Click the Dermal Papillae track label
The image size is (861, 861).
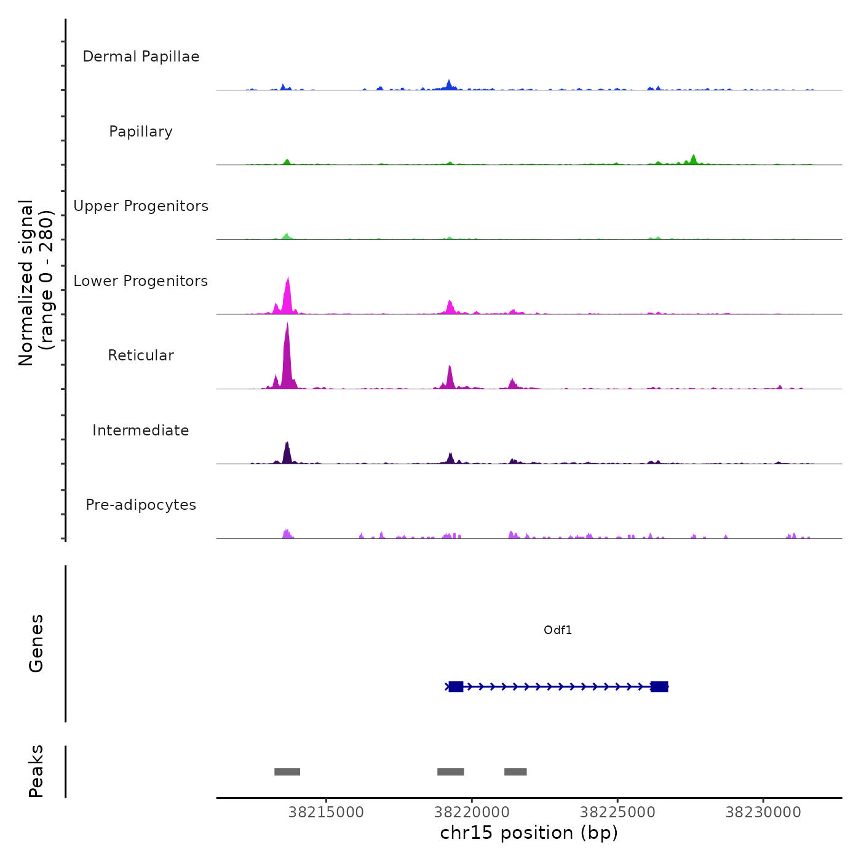(141, 57)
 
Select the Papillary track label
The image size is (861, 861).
(141, 132)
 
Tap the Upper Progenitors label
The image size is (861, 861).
(141, 206)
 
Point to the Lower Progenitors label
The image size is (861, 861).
(141, 281)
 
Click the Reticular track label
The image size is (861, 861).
(141, 355)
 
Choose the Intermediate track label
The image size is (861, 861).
(141, 430)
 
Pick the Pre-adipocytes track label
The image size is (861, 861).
(141, 505)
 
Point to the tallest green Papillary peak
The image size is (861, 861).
(694, 159)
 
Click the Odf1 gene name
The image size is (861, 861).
(558, 630)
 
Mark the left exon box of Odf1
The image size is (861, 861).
(456, 686)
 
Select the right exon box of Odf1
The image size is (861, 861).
(659, 686)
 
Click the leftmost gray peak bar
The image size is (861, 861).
(287, 772)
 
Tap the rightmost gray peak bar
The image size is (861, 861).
(515, 772)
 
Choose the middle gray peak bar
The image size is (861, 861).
(451, 772)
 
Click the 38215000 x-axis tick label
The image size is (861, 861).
(326, 812)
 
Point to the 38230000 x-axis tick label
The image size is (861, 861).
(763, 812)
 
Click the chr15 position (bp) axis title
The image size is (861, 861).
(529, 833)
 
